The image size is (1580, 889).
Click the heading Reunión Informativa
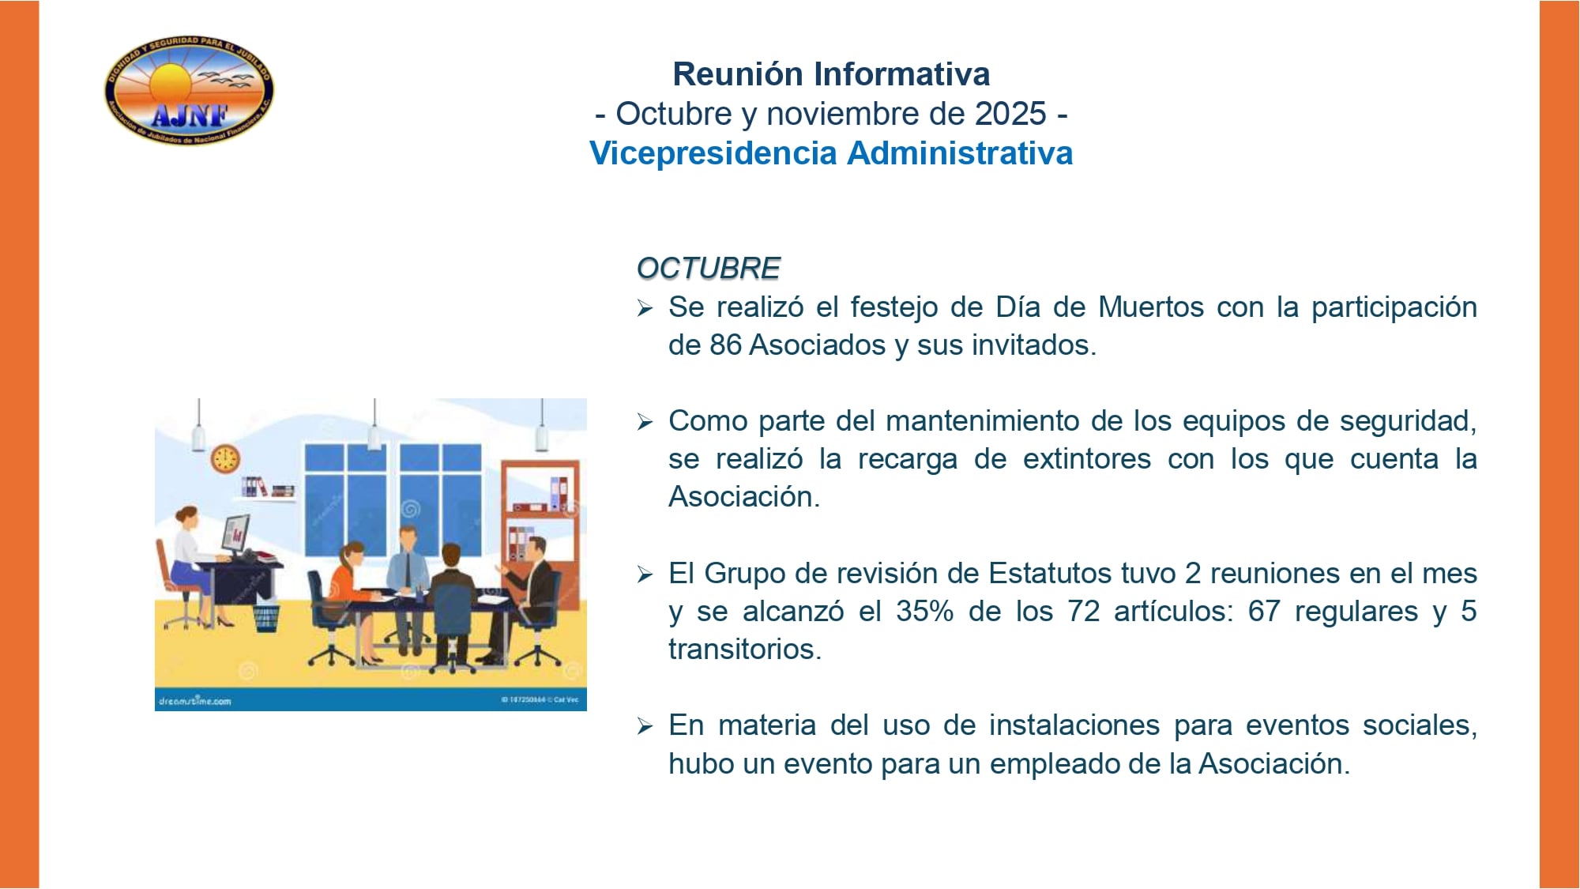(x=830, y=74)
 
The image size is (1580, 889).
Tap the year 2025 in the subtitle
(x=1010, y=114)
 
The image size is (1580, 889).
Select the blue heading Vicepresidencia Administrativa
(x=830, y=153)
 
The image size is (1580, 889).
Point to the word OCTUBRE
(x=708, y=269)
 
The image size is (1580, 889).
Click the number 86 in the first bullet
(x=725, y=345)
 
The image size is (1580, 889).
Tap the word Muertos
(x=1151, y=307)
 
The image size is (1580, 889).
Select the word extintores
(x=1086, y=459)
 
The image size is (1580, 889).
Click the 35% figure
(x=924, y=612)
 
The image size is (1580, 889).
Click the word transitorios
(x=744, y=650)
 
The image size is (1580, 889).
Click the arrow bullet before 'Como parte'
(x=645, y=422)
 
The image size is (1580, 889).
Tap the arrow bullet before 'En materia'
(x=645, y=726)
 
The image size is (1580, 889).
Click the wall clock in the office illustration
(x=225, y=459)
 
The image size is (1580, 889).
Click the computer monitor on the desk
(x=235, y=533)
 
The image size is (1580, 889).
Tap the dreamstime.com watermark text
(x=195, y=701)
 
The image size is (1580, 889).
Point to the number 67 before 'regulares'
(x=1263, y=612)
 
